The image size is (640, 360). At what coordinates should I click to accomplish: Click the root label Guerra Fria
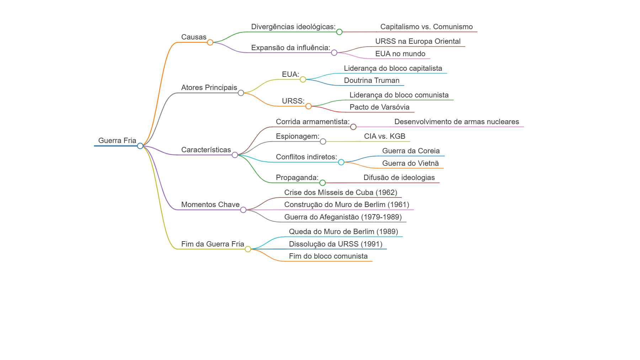[117, 141]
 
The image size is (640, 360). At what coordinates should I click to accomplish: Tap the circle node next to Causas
[210, 42]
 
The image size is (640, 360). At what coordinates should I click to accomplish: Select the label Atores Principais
[209, 88]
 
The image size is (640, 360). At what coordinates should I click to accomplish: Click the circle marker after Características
[235, 155]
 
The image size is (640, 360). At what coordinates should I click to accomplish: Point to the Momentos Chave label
[210, 205]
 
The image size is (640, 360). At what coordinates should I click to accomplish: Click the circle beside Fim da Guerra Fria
[248, 249]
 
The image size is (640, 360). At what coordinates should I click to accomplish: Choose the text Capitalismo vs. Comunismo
[427, 27]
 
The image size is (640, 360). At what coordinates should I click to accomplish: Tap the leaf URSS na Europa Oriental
[418, 41]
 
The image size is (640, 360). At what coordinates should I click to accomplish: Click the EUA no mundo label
[400, 54]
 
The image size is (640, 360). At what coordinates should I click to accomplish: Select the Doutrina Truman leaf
[372, 80]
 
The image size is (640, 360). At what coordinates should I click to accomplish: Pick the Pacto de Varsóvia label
[379, 107]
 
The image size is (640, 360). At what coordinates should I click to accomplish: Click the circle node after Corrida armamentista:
[353, 127]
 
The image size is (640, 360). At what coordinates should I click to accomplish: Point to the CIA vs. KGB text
[385, 136]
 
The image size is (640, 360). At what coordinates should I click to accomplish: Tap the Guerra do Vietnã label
[410, 163]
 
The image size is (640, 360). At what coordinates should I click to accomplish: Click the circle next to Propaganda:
[322, 183]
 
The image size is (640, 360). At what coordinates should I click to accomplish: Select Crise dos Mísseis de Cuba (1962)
[341, 192]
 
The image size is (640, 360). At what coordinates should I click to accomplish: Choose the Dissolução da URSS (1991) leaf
[336, 244]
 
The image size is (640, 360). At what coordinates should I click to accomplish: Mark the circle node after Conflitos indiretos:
[341, 162]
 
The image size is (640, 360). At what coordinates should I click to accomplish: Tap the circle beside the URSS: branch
[309, 106]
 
